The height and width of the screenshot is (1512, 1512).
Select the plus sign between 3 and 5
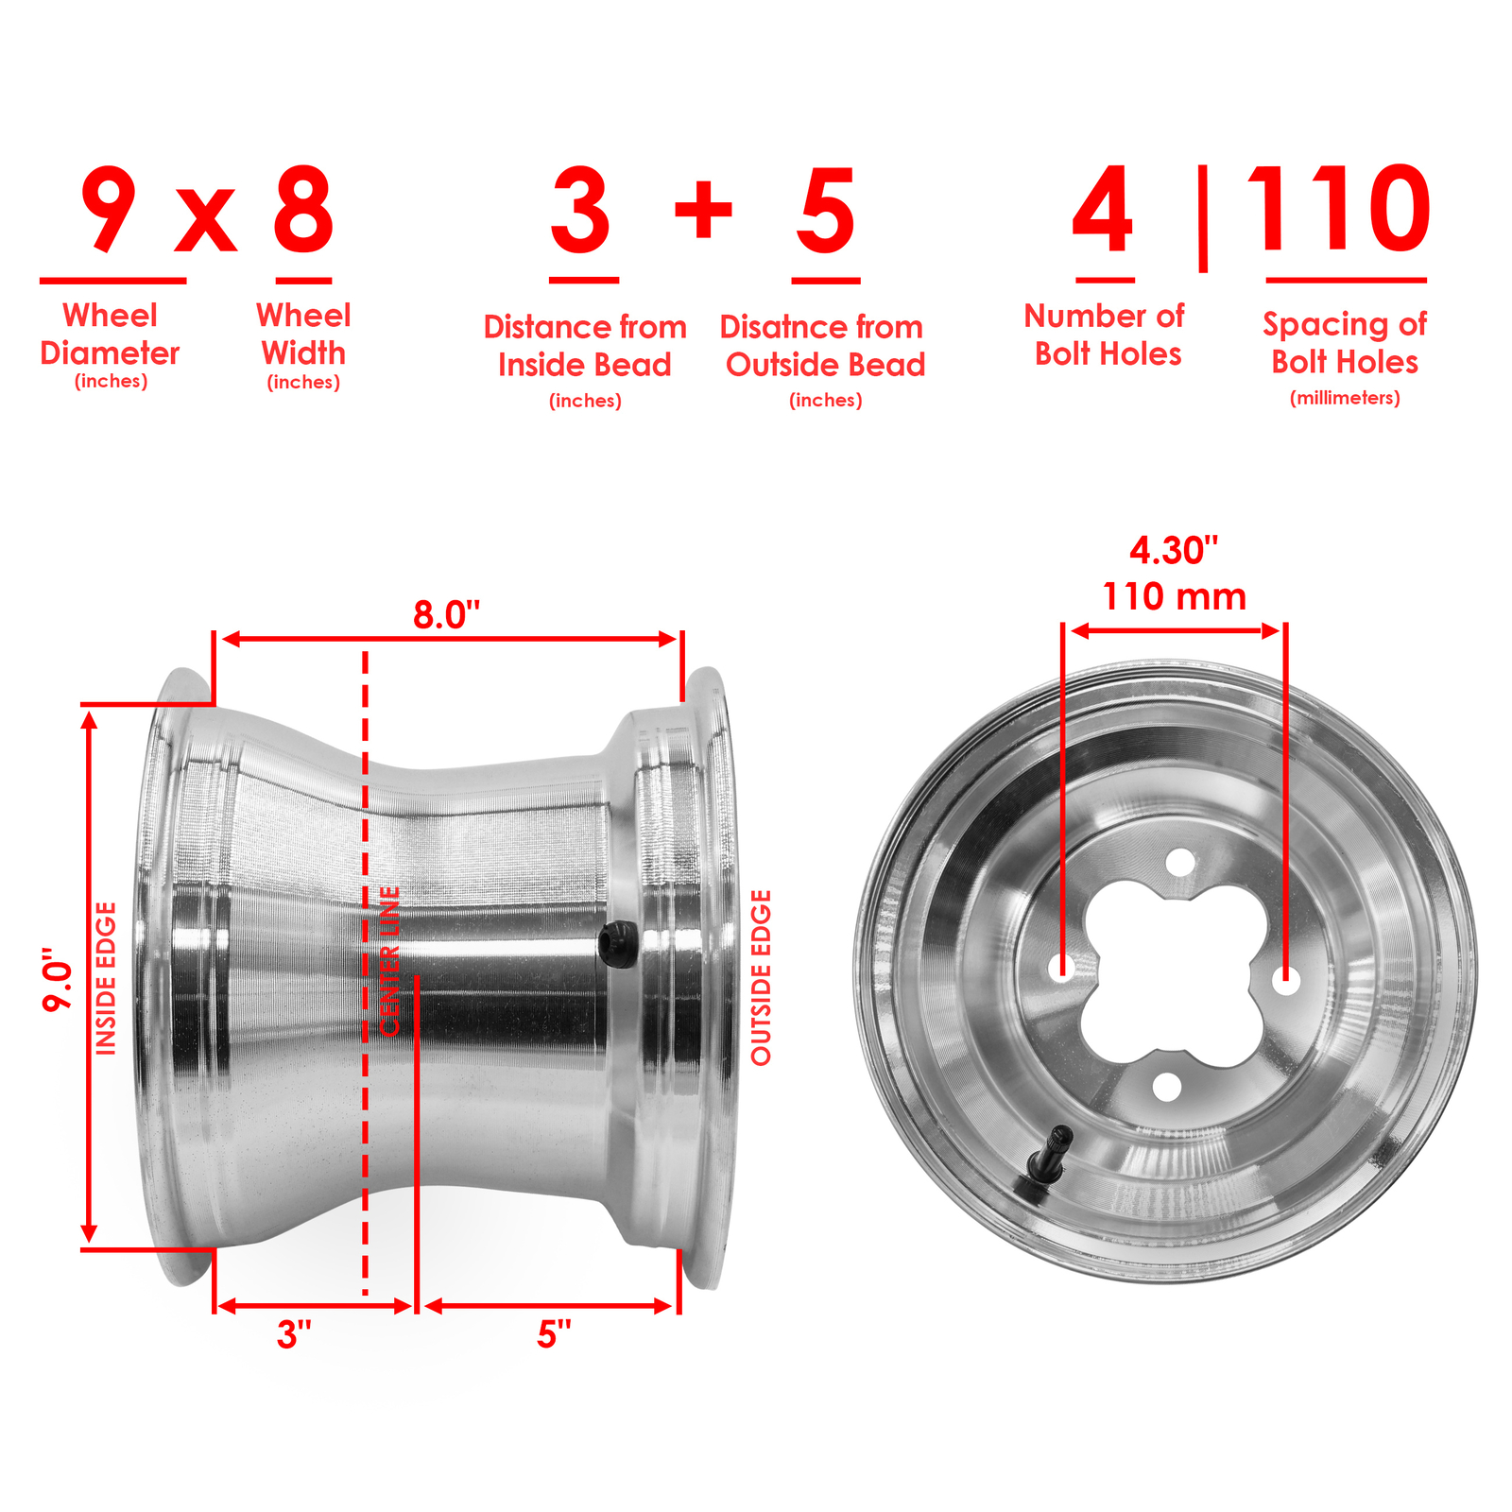[703, 208]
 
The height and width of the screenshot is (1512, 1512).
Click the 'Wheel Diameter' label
[110, 335]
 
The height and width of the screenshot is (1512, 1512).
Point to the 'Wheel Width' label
[303, 335]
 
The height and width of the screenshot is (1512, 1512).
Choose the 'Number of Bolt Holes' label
[1105, 335]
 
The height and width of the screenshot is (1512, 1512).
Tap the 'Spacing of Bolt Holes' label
[1345, 343]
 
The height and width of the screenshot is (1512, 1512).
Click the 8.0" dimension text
[446, 615]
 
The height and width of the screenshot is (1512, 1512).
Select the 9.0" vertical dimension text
[59, 979]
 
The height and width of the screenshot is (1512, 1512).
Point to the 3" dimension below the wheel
[294, 1334]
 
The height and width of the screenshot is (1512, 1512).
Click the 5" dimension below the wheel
[555, 1334]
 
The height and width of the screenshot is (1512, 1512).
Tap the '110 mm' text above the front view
[1174, 596]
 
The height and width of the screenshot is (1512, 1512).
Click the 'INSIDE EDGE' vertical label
[106, 978]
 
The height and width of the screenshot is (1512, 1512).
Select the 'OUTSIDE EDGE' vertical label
[761, 978]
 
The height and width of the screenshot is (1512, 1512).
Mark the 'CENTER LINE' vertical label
[389, 961]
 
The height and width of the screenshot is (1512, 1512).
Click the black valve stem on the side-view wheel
[618, 943]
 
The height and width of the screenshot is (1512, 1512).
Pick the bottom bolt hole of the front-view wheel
[1167, 1087]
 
